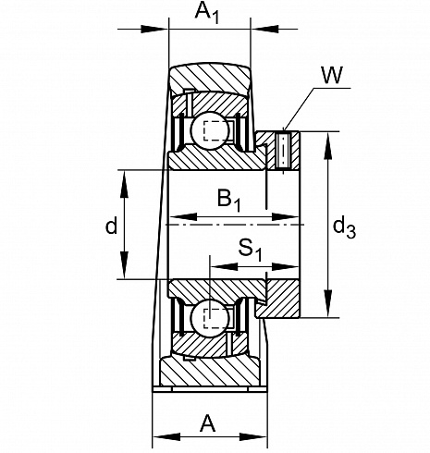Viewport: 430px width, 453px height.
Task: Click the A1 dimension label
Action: (207, 13)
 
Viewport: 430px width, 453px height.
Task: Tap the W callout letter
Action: (332, 75)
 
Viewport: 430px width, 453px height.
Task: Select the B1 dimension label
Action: (228, 200)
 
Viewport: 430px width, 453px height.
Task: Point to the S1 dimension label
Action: (250, 250)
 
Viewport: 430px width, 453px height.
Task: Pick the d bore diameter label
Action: (111, 226)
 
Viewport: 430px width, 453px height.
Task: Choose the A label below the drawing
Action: (208, 423)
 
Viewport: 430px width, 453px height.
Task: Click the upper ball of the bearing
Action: (210, 130)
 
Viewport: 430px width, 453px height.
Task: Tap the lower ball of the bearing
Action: (210, 318)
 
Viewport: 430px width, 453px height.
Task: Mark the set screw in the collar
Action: (283, 151)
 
